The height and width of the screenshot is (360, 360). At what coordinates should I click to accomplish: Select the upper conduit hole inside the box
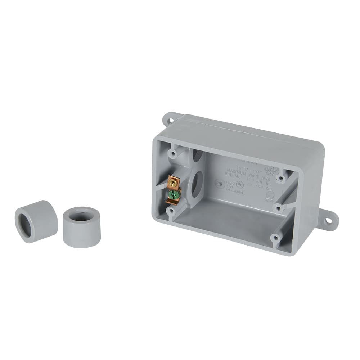coord(198,155)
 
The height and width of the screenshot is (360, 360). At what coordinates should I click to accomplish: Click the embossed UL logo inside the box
coord(239,185)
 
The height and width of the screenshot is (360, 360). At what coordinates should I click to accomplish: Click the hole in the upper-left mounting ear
coord(167,118)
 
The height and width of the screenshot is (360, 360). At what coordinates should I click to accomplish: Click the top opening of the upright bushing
coord(81,216)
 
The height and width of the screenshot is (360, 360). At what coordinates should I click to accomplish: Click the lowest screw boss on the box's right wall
coord(275,238)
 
